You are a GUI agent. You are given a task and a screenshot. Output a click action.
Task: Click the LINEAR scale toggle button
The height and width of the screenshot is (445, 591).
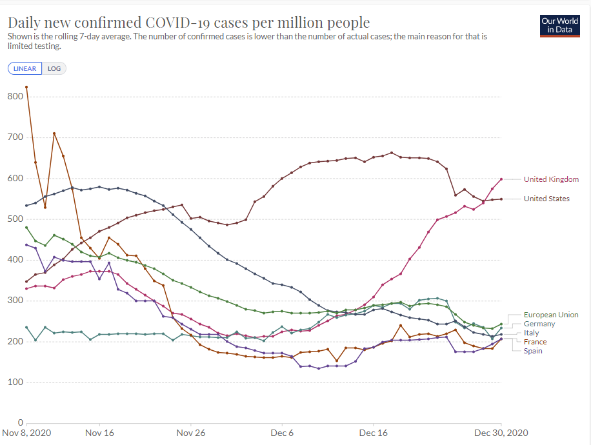25,68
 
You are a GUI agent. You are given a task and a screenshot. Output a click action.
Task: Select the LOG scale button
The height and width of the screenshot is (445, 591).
54,68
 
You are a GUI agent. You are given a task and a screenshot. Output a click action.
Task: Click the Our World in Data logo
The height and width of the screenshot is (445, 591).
560,25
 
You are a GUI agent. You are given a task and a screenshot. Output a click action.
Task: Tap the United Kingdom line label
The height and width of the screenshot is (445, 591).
551,179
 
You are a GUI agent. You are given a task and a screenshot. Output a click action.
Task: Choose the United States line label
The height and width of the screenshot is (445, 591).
546,199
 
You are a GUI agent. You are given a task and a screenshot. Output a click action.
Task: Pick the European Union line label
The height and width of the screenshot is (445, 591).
551,315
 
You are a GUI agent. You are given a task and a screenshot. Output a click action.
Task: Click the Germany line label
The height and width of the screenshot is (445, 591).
539,324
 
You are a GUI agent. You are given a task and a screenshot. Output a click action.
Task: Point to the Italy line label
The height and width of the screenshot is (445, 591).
531,333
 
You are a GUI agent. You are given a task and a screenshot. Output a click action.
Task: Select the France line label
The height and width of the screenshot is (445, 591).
535,342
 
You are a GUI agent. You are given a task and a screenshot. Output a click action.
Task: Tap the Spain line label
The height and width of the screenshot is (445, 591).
533,351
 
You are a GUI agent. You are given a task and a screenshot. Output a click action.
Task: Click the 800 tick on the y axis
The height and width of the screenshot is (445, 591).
15,97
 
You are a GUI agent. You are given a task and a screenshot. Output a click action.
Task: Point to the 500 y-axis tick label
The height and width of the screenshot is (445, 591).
15,219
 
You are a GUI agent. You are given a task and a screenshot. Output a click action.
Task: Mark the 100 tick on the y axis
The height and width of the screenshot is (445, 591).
15,382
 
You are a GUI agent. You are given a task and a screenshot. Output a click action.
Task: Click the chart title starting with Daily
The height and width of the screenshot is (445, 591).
189,23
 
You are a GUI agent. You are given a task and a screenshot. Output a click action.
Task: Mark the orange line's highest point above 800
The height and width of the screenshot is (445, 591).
26,87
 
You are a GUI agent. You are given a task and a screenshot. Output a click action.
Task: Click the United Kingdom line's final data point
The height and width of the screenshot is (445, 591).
501,179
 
